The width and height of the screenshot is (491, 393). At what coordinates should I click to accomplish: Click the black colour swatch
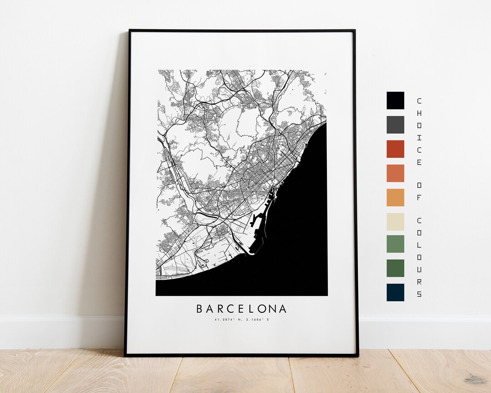395,101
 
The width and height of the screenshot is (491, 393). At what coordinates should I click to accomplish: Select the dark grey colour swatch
395,125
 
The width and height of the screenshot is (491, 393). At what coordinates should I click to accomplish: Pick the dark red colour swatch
395,149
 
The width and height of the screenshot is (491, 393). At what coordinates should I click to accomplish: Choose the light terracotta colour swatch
395,173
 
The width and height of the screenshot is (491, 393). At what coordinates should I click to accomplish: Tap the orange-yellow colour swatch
395,197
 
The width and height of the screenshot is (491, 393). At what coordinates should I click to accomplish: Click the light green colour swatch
395,244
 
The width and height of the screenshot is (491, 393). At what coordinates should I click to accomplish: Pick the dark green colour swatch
395,268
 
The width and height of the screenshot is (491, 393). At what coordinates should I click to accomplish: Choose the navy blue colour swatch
395,292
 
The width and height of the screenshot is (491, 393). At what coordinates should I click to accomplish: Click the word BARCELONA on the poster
241,309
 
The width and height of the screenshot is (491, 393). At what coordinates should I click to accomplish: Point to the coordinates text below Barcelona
241,320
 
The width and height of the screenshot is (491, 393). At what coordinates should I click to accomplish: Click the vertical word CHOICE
419,131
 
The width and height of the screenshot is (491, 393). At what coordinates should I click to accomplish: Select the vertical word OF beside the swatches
419,191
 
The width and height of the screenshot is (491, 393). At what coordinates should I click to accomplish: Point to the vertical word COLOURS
419,257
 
